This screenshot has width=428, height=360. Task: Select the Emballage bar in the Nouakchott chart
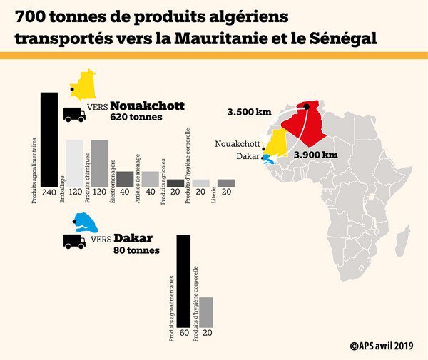(74, 163)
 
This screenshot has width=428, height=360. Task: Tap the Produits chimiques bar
(100, 163)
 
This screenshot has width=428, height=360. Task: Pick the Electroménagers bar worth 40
(125, 179)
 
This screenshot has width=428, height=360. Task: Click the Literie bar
(226, 183)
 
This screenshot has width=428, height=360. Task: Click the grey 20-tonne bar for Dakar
(205, 312)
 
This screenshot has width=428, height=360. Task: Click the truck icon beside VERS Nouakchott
(74, 113)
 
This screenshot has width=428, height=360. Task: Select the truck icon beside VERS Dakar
(74, 241)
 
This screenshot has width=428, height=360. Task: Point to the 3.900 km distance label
(315, 154)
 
